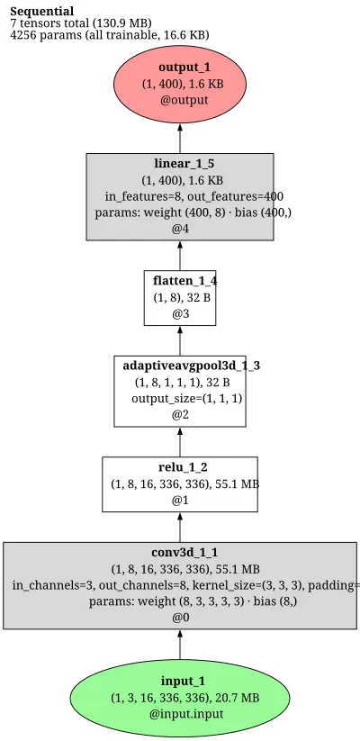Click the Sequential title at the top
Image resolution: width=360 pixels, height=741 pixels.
point(42,12)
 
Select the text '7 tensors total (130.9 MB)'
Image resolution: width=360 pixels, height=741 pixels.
point(81,23)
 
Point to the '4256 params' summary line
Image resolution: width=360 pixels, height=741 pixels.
point(110,35)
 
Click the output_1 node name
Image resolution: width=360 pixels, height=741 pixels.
point(184,68)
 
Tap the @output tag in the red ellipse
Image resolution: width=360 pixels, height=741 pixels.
point(184,100)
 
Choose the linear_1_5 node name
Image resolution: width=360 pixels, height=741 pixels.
point(180,164)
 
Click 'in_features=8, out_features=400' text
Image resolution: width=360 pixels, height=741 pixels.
point(194,196)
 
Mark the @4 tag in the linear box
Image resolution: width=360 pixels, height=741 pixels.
point(180,230)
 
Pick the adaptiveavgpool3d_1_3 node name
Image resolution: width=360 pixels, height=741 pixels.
point(192,366)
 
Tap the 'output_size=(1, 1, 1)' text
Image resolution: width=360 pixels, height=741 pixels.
point(187,398)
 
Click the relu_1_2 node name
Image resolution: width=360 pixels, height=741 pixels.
point(183,467)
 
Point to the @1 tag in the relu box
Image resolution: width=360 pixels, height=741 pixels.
point(180,501)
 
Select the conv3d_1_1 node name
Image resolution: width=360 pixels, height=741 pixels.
point(184,553)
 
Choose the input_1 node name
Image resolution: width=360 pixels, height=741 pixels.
point(184,681)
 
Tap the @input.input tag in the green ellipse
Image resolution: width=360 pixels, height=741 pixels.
point(186,714)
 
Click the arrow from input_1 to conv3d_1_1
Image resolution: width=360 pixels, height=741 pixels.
point(180,645)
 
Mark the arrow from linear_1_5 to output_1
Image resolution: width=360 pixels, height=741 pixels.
point(180,138)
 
